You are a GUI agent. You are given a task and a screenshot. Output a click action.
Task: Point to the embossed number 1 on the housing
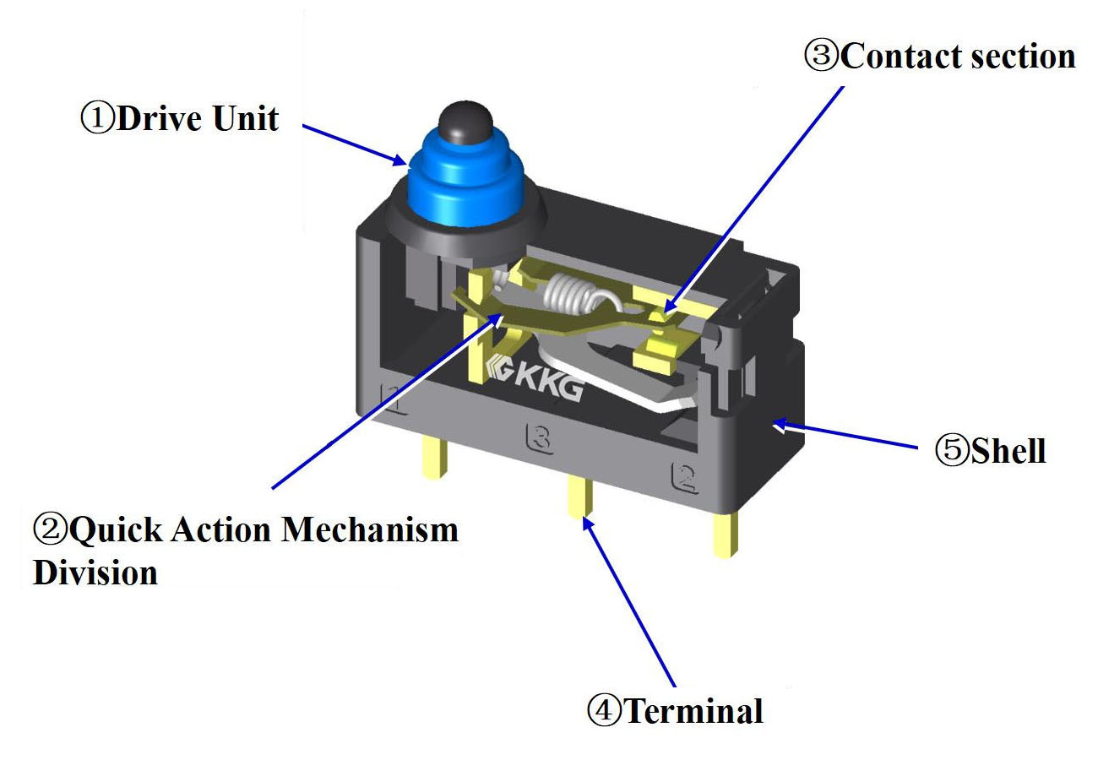[395, 398]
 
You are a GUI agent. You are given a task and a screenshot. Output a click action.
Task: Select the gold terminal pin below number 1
[432, 461]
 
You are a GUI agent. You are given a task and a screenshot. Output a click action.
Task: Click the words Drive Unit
[197, 119]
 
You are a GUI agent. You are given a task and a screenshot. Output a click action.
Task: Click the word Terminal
[693, 711]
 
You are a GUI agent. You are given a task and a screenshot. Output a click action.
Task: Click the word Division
[95, 572]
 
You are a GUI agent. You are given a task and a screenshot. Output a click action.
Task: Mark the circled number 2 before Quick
[49, 530]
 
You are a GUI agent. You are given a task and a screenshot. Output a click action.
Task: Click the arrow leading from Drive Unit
[355, 144]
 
